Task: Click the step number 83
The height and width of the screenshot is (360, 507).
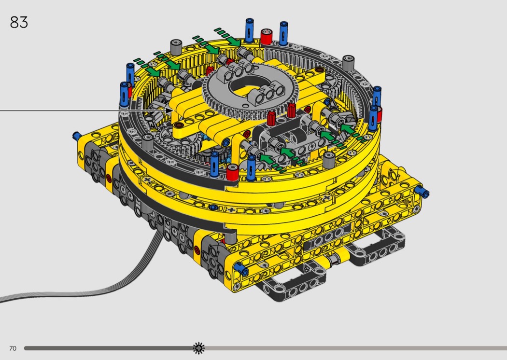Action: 19,22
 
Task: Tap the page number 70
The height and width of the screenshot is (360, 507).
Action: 13,348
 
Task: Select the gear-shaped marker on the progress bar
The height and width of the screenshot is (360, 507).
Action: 199,348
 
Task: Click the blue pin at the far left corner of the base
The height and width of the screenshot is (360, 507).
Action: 77,136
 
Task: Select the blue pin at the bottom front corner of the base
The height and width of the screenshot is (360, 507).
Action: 241,267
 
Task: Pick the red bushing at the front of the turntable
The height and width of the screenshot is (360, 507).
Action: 232,172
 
